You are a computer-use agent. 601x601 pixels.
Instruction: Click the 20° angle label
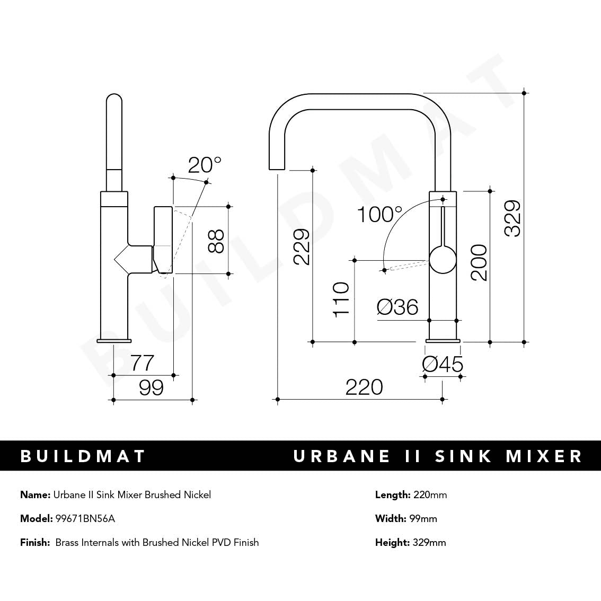pos(205,165)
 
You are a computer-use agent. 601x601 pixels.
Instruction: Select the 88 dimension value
pos(216,241)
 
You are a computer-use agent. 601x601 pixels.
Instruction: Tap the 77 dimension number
pos(143,363)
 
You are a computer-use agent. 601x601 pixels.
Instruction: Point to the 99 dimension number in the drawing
pos(151,388)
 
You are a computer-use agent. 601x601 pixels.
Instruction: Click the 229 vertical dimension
pos(301,246)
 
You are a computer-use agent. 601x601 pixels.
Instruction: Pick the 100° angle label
pos(379,215)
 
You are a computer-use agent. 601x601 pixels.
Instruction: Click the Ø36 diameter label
pos(397,307)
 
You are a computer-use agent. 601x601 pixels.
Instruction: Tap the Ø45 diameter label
pos(443,364)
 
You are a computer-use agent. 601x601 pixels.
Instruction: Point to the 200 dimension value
pos(479,262)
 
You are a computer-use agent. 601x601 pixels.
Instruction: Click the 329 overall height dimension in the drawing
pos(512,218)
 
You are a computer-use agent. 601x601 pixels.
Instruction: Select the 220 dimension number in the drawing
pos(364,387)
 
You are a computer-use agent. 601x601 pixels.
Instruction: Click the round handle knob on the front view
pos(443,260)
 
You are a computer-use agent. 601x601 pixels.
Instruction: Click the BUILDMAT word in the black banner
pos(83,456)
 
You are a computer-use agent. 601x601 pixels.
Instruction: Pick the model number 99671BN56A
pos(85,519)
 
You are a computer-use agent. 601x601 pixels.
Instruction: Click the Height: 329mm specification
pos(410,542)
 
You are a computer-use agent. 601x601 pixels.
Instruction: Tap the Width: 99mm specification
pos(406,519)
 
